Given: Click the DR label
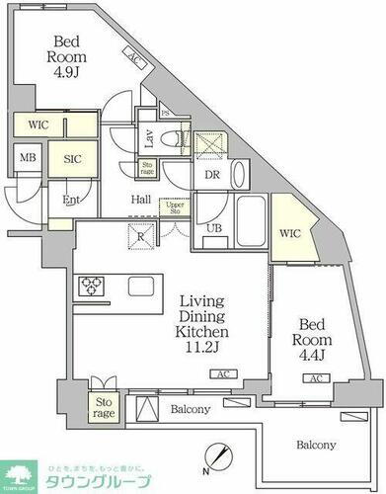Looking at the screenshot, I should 211,174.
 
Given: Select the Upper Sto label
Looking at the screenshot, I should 175,206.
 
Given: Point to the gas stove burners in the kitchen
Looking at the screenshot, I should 90,287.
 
